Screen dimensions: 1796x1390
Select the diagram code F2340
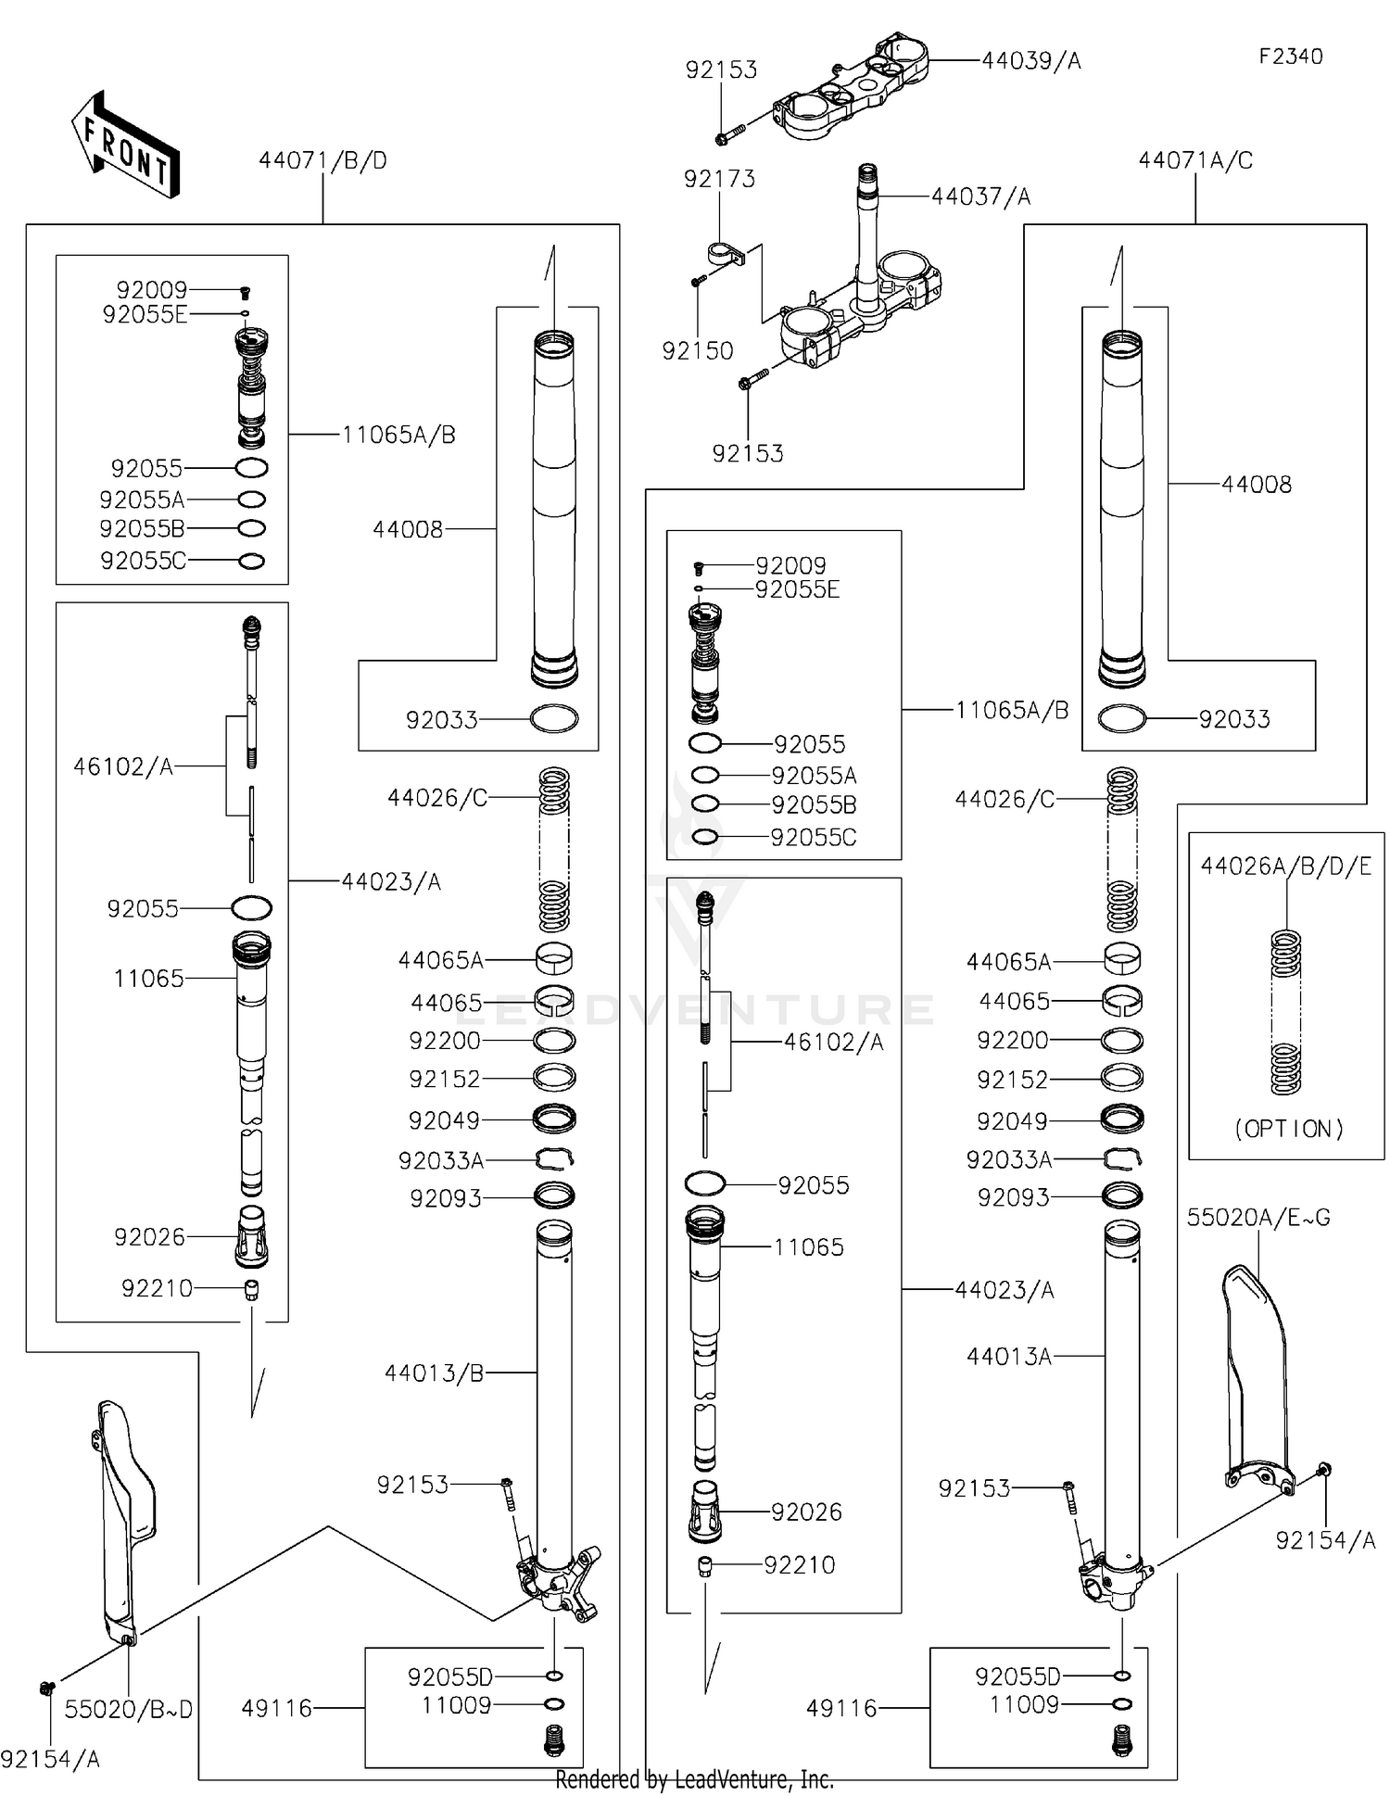pos(1290,57)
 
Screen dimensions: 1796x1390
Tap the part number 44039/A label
pos(1030,61)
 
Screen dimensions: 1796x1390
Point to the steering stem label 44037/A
pos(980,196)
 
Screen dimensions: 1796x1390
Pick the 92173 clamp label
pos(719,179)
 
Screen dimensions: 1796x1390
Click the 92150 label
pos(697,351)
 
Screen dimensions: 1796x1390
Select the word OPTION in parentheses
pos(1288,1129)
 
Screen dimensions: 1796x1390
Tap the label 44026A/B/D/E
pos(1285,866)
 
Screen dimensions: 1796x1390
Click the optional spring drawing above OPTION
pos(1284,1012)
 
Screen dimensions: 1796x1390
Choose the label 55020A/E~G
pos(1258,1218)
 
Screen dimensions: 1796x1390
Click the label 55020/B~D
pos(128,1709)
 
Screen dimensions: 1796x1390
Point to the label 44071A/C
pos(1194,160)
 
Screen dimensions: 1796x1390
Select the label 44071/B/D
pos(322,160)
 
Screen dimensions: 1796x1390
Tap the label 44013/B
pos(434,1372)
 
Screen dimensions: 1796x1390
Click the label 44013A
pos(1008,1357)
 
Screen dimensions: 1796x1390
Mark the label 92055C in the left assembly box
pos(143,561)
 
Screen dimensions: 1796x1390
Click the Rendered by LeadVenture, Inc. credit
pos(694,1779)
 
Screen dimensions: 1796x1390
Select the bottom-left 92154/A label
pos(50,1759)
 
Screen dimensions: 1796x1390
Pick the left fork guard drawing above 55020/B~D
pos(125,1520)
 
